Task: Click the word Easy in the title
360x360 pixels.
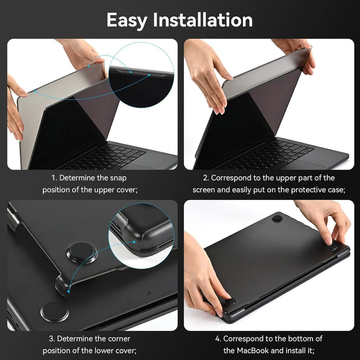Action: point(127,20)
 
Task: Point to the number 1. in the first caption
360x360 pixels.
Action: point(54,178)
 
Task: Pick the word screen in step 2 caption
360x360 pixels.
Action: point(205,190)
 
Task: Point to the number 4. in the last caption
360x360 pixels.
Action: point(218,338)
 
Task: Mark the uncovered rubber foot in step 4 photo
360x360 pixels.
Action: point(276,218)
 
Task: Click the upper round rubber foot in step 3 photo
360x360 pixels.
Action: point(81,252)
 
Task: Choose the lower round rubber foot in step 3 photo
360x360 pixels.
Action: point(55,311)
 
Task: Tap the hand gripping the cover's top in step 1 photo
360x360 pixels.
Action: point(82,52)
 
